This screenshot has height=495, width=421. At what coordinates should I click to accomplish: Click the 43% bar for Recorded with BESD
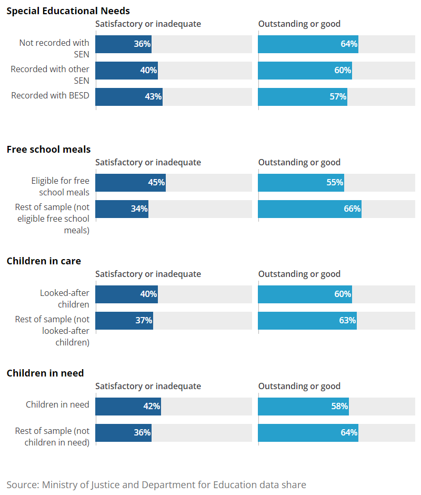(129, 97)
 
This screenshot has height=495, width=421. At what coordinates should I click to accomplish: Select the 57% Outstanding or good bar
(303, 97)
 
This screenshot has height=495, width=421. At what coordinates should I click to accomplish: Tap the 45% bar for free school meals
(131, 183)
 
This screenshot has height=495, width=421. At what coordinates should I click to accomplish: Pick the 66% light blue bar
(309, 209)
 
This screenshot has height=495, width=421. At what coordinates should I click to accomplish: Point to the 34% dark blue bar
(122, 209)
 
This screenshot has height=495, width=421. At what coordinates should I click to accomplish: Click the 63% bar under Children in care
(307, 321)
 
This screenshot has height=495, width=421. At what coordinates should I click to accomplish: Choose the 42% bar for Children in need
(128, 407)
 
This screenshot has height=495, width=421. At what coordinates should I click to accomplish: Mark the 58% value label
(339, 407)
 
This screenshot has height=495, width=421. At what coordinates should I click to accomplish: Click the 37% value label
(144, 321)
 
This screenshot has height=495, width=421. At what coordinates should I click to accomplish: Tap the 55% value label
(335, 183)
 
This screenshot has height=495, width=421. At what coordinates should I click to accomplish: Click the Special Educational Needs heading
(68, 11)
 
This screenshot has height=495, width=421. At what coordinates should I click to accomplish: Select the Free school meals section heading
(48, 150)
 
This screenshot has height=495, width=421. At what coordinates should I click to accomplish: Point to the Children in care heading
(44, 261)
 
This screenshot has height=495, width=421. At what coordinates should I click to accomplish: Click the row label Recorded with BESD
(50, 96)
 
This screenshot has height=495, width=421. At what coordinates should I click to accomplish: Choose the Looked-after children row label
(64, 299)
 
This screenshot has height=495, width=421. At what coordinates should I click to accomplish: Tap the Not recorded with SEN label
(54, 48)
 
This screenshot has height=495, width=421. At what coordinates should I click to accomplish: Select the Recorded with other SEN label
(50, 75)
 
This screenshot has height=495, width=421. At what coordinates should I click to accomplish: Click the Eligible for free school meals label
(60, 186)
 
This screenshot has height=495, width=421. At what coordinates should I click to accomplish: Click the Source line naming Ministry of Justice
(156, 484)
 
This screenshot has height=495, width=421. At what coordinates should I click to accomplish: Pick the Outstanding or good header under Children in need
(299, 387)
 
